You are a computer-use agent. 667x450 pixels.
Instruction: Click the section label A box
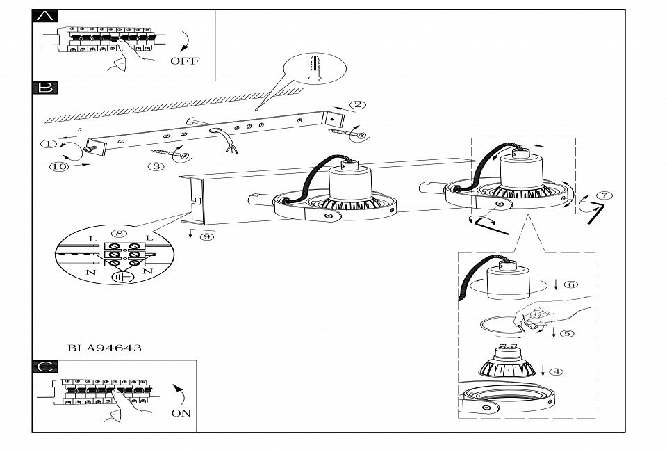44,17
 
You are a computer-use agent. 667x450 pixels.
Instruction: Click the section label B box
44,88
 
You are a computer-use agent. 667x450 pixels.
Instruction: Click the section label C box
44,367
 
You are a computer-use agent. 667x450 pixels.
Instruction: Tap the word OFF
184,61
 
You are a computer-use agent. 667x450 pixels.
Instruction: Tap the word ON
180,413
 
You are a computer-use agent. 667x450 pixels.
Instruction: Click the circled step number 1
47,144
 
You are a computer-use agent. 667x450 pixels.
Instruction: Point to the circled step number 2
358,105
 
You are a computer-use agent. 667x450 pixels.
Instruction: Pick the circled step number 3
156,166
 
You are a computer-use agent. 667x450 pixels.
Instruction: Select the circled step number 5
567,333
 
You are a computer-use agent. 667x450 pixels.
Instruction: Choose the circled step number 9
206,237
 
